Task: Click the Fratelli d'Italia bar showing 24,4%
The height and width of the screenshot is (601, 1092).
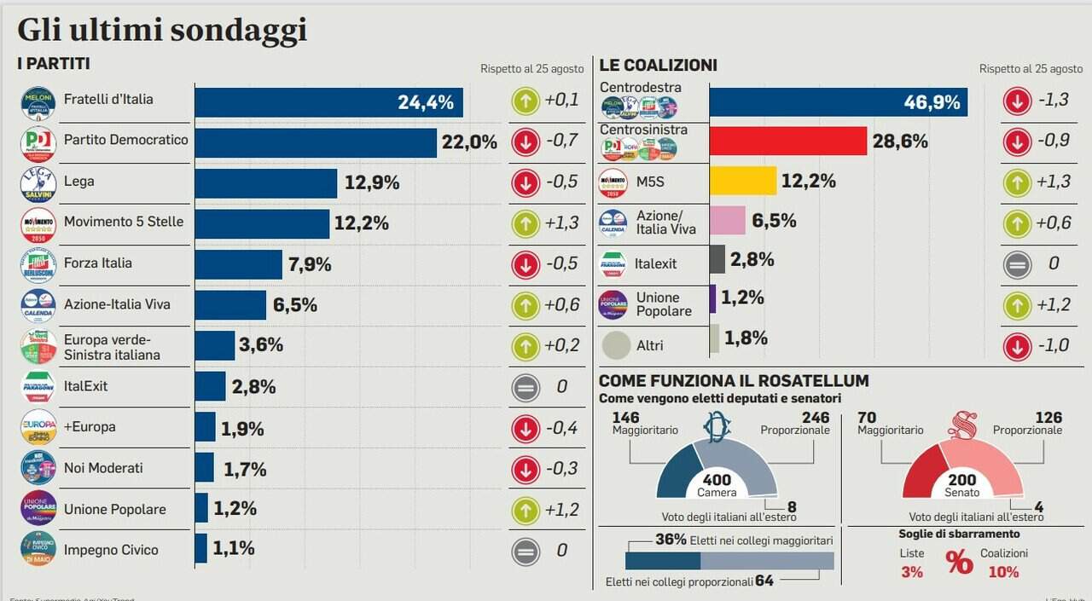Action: [328, 102]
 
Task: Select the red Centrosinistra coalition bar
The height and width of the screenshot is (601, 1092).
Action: [787, 141]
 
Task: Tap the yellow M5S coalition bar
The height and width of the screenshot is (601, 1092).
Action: [742, 181]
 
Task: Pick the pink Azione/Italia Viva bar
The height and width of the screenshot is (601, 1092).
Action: [727, 221]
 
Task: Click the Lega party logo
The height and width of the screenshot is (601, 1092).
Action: [38, 183]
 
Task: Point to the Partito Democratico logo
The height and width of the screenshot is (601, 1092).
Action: [38, 143]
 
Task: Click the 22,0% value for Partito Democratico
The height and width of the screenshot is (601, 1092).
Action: [469, 142]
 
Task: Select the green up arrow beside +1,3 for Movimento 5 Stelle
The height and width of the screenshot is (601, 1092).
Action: [526, 223]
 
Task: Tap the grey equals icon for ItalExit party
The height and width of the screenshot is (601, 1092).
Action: [526, 387]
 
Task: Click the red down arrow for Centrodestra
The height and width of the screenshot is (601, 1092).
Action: [1017, 101]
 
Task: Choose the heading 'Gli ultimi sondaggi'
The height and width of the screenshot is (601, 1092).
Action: [162, 31]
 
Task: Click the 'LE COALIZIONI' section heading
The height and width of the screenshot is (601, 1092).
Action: [658, 66]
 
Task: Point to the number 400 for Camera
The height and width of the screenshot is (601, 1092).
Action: [717, 480]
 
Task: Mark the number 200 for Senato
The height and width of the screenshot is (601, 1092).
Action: [961, 480]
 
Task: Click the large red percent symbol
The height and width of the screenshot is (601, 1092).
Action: [959, 563]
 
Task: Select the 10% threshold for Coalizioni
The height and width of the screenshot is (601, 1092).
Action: [1003, 572]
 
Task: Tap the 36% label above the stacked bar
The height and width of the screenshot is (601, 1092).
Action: [671, 540]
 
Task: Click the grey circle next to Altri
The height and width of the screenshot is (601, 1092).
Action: [616, 345]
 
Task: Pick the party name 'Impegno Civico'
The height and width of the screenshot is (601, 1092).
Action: [111, 550]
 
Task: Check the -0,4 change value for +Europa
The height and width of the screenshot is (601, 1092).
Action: [561, 427]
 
